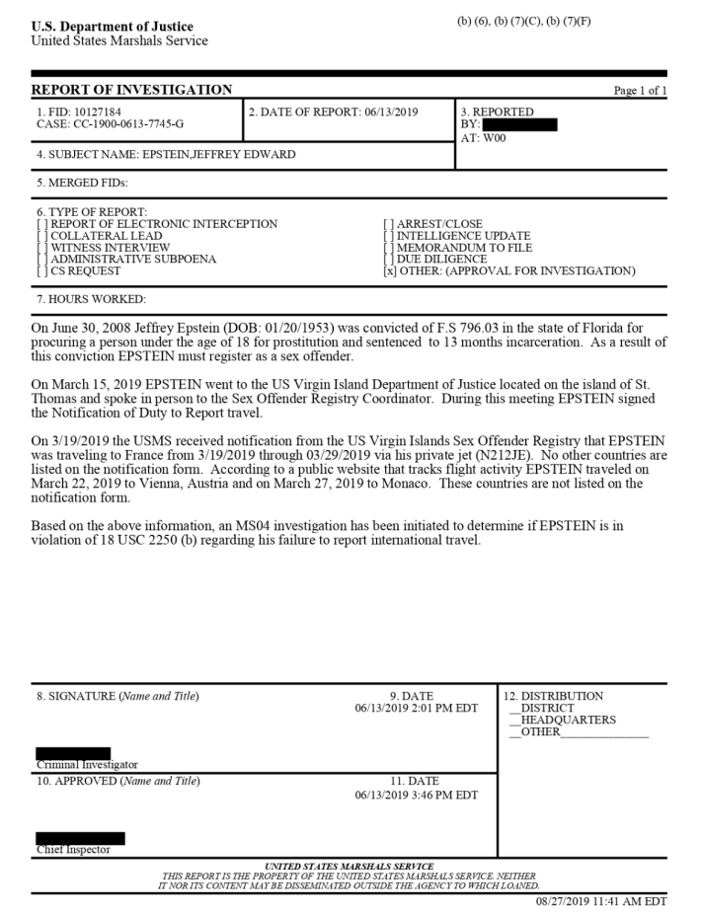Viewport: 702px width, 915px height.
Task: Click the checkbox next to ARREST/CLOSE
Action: pos(388,224)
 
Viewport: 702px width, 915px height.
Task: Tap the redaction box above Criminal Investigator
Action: pos(73,753)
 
